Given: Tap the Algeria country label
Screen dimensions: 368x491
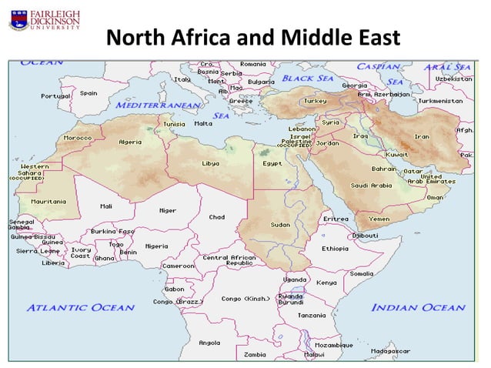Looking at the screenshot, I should pyautogui.click(x=129, y=142).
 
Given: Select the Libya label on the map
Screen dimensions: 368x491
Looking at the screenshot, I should pyautogui.click(x=210, y=163).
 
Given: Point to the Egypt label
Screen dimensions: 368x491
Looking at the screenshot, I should pyautogui.click(x=272, y=163).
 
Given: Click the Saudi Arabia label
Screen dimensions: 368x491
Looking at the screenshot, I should pyautogui.click(x=371, y=186).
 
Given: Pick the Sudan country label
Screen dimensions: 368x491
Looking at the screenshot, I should pyautogui.click(x=279, y=225).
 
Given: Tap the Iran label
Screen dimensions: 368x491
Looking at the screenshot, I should pyautogui.click(x=422, y=136).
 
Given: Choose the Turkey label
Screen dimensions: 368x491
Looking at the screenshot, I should pyautogui.click(x=316, y=101).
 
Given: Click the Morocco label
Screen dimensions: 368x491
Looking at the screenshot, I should pyautogui.click(x=78, y=138).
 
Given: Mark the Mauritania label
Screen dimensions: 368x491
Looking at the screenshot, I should pyautogui.click(x=48, y=201).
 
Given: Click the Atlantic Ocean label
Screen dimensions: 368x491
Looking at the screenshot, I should pyautogui.click(x=81, y=307).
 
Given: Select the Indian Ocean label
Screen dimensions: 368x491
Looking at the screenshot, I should pyautogui.click(x=418, y=307).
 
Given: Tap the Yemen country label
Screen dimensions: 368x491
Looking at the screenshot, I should pyautogui.click(x=379, y=219).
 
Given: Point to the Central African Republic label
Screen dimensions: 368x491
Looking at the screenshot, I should pyautogui.click(x=228, y=260).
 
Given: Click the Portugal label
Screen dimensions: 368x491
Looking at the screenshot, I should pyautogui.click(x=56, y=96).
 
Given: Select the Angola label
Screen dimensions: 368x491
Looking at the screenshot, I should pyautogui.click(x=209, y=343).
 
